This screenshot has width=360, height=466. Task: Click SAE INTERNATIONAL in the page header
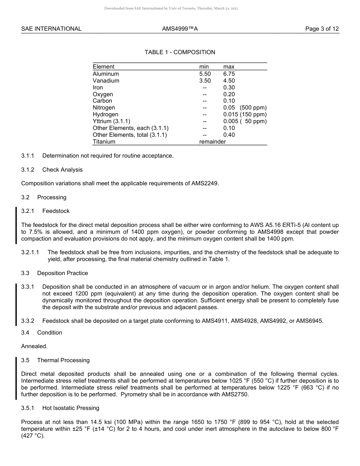51,29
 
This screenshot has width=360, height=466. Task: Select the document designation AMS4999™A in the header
180,29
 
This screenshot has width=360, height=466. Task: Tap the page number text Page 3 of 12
322,29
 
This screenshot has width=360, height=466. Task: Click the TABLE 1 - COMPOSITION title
180,52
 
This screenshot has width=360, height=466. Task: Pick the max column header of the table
229,67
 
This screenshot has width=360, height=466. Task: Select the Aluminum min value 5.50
205,74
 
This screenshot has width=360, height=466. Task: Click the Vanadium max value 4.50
229,81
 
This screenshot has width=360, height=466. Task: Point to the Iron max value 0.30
229,88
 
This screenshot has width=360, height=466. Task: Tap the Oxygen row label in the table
103,94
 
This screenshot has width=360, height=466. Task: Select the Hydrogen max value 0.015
230,114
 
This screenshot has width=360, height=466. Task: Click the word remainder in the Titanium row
212,142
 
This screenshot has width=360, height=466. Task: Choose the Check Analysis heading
63,170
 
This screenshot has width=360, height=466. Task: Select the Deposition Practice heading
63,273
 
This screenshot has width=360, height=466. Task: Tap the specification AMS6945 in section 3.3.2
309,321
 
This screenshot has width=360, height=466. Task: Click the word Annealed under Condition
34,346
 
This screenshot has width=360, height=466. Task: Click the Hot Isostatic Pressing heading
71,408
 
